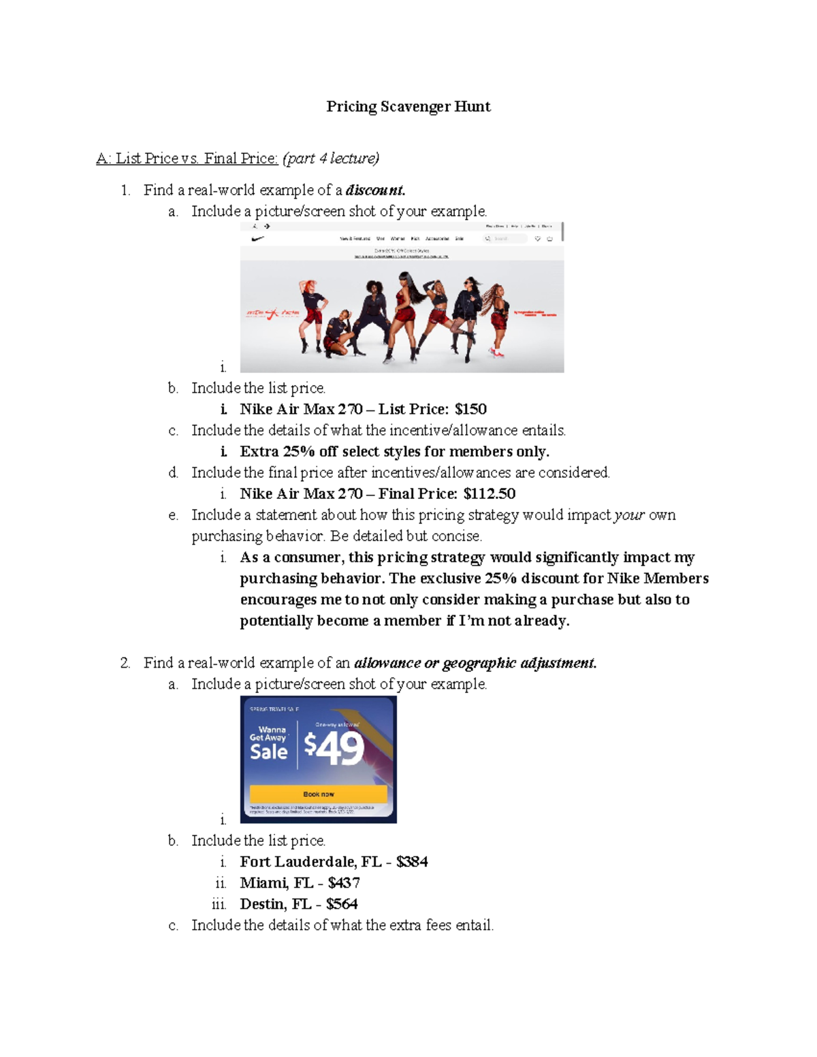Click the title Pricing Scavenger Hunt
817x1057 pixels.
(x=408, y=106)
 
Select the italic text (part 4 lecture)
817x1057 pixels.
(x=331, y=159)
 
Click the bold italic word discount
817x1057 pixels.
(x=375, y=190)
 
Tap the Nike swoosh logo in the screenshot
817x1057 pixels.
(x=258, y=239)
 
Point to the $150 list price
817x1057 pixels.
(x=470, y=409)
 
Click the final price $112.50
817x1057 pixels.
(x=490, y=493)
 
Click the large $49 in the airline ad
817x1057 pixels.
(x=334, y=748)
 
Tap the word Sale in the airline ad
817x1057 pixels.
(x=268, y=752)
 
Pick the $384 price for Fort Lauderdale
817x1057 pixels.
(x=412, y=862)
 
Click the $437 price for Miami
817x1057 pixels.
(x=344, y=883)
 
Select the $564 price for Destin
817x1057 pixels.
(x=342, y=904)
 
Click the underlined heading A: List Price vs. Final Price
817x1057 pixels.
(x=187, y=159)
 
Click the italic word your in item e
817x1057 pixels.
(x=629, y=515)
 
